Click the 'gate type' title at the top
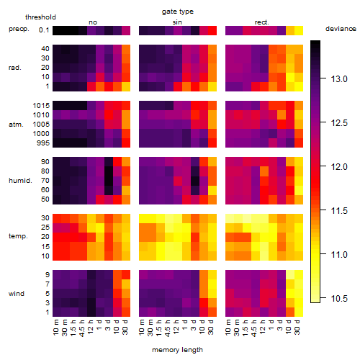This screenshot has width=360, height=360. click(x=178, y=12)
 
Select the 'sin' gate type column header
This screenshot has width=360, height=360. click(x=177, y=22)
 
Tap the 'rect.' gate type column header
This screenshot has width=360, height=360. click(x=262, y=22)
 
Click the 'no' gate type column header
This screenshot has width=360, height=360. click(x=93, y=22)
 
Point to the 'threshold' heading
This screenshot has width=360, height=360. click(x=40, y=17)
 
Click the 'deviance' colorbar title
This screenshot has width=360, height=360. click(x=341, y=29)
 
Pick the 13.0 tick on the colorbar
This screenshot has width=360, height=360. click(x=339, y=79)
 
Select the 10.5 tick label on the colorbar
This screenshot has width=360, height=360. click(x=339, y=299)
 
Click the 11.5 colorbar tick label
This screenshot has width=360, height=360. click(x=339, y=211)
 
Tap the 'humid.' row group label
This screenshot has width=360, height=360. click(x=20, y=181)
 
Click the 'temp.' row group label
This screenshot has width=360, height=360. click(x=18, y=236)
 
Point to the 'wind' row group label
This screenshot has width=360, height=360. click(x=17, y=294)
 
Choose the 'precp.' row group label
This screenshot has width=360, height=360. click(x=19, y=29)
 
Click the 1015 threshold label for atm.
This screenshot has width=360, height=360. click(x=41, y=106)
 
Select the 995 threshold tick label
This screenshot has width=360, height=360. click(x=43, y=143)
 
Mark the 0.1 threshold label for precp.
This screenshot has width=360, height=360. click(x=44, y=30)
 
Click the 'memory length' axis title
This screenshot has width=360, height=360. click(x=178, y=350)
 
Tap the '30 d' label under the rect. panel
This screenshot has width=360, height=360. click(x=297, y=327)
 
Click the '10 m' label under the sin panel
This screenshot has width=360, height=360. click(x=142, y=328)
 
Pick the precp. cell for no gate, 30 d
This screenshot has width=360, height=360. click(x=126, y=31)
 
